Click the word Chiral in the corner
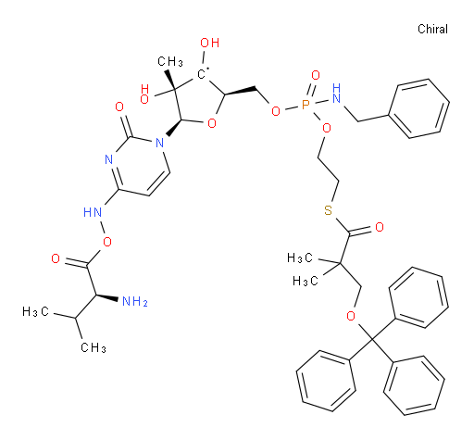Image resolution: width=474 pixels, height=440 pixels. click(x=432, y=29)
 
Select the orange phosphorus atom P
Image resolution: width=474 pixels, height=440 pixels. click(x=306, y=106)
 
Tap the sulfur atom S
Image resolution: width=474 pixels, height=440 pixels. click(x=328, y=210)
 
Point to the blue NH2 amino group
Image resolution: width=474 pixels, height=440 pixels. click(x=135, y=301)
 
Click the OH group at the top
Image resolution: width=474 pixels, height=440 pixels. click(x=210, y=43)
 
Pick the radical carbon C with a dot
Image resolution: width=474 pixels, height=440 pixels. click(x=202, y=73)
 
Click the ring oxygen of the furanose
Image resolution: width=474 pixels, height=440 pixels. click(x=212, y=123)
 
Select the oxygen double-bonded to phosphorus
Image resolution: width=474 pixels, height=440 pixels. click(x=316, y=75)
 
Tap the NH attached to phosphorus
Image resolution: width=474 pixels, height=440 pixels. click(x=336, y=94)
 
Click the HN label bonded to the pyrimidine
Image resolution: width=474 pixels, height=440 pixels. click(x=93, y=212)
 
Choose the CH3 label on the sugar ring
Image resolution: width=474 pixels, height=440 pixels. click(x=170, y=61)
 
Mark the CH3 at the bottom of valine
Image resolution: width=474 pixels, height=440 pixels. click(x=94, y=347)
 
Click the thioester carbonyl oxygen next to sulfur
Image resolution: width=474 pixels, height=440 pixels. click(x=380, y=227)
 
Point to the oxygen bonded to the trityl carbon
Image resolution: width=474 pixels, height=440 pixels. click(x=351, y=316)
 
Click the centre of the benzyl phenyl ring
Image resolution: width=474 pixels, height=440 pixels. click(x=418, y=108)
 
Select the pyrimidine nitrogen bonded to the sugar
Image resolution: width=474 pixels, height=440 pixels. click(x=159, y=143)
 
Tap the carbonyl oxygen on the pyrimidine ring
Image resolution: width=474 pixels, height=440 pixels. click(x=119, y=107)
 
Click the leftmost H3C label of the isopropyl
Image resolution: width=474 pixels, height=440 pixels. click(x=35, y=311)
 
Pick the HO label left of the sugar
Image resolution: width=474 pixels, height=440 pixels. click(x=144, y=94)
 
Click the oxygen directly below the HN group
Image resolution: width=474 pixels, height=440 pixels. click(x=107, y=242)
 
